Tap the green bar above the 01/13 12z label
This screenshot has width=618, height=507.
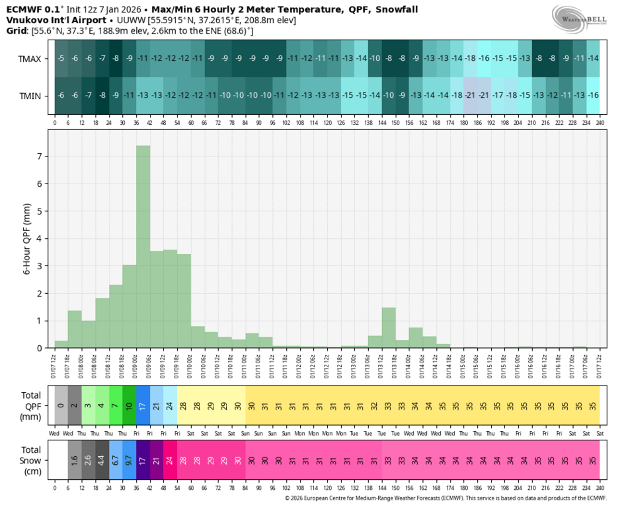(389, 327)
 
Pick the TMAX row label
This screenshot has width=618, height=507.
(30, 59)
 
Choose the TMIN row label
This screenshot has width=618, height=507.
(30, 96)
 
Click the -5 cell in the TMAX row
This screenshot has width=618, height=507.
(61, 59)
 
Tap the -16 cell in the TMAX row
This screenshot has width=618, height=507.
(484, 59)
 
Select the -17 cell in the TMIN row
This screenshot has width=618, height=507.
(498, 96)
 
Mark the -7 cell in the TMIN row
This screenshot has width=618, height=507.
(88, 96)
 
